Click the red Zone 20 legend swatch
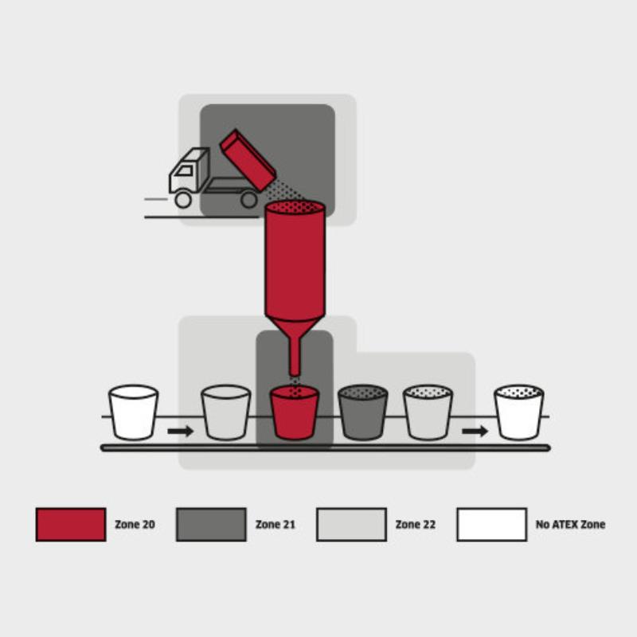[x=71, y=525]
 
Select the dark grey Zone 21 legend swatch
[x=211, y=525]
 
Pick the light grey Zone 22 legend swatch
[x=351, y=525]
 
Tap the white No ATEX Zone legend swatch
[x=492, y=525]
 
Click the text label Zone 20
[x=135, y=525]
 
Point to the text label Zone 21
[x=275, y=525]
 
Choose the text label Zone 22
[x=416, y=525]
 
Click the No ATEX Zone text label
[x=570, y=525]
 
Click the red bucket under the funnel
[x=295, y=412]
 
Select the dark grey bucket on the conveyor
[x=363, y=412]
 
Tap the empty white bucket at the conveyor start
[x=133, y=412]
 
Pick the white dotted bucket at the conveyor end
[x=519, y=412]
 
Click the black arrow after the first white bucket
[x=181, y=431]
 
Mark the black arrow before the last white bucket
[x=475, y=431]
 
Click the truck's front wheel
[x=183, y=200]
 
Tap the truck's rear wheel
[x=248, y=200]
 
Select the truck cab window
[x=185, y=170]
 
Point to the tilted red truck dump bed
[x=248, y=161]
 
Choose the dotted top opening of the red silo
[x=295, y=207]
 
